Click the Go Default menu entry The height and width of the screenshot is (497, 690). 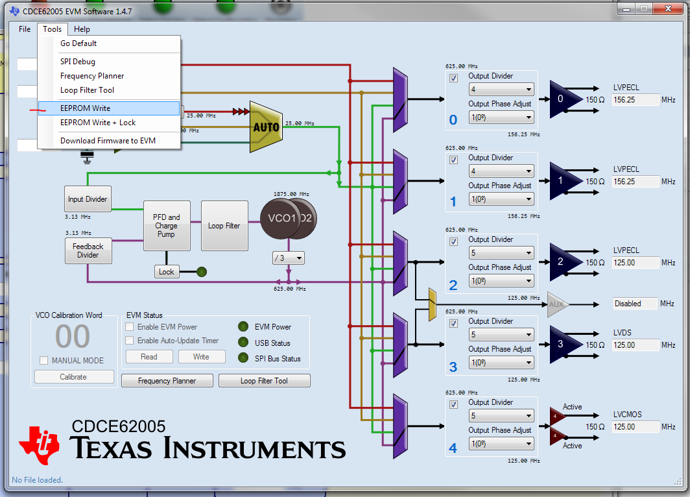pos(78,43)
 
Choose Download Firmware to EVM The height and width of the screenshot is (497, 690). pos(108,141)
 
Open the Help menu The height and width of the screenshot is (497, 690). pos(82,29)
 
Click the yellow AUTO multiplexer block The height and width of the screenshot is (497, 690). pos(267,127)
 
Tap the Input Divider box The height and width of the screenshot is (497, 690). pos(88,199)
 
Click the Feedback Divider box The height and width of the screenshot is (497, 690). pos(88,250)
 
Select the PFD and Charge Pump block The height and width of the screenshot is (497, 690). pos(166,226)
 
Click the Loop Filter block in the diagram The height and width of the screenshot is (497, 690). pos(224,226)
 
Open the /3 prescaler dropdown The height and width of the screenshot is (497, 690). pos(289,258)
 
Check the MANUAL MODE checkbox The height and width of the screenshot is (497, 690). pos(44,361)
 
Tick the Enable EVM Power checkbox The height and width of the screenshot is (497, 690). pos(130,327)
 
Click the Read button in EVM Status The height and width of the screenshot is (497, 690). pos(149,357)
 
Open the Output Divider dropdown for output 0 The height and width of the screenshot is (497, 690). pos(501,90)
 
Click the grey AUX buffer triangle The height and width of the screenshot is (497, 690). pos(556,304)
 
